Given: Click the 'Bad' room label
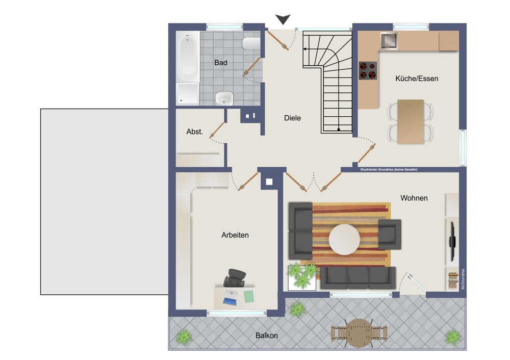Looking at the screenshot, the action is [x=220, y=63].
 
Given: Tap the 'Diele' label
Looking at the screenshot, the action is [x=292, y=118].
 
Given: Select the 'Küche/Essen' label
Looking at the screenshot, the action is [x=417, y=79].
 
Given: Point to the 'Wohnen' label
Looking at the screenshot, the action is [x=414, y=198].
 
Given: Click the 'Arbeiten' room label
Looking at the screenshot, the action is [x=235, y=235].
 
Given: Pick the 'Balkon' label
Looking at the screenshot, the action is [x=266, y=336].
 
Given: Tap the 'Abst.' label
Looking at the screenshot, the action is [x=194, y=132].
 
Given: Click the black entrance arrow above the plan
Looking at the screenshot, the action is [x=283, y=19].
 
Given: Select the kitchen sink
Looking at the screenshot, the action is [x=389, y=41].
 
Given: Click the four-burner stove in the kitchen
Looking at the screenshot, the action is [x=368, y=70].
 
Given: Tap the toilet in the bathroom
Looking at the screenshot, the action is [x=251, y=43].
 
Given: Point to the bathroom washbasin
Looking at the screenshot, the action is [x=224, y=98].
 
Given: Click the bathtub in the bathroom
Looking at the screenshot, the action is [x=188, y=57].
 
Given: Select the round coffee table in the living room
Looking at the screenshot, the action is [x=344, y=239].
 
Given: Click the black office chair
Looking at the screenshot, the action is [x=235, y=278].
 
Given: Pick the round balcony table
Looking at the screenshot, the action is [x=359, y=333].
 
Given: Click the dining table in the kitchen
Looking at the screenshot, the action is [x=411, y=122].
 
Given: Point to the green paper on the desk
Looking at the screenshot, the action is [x=249, y=297].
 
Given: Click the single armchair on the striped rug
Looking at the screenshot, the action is [x=389, y=235].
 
